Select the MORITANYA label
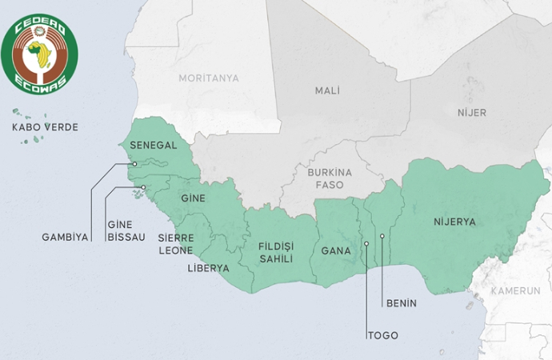[209, 78]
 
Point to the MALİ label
[327, 90]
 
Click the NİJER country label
[471, 113]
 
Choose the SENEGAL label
[153, 146]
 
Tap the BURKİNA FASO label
[325, 178]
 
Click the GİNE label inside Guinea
[194, 198]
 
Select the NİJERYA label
[454, 222]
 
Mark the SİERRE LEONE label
[175, 244]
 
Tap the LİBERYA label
[208, 268]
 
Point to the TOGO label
[382, 335]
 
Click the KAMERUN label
[515, 290]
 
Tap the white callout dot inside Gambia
[135, 164]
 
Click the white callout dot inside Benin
[382, 236]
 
